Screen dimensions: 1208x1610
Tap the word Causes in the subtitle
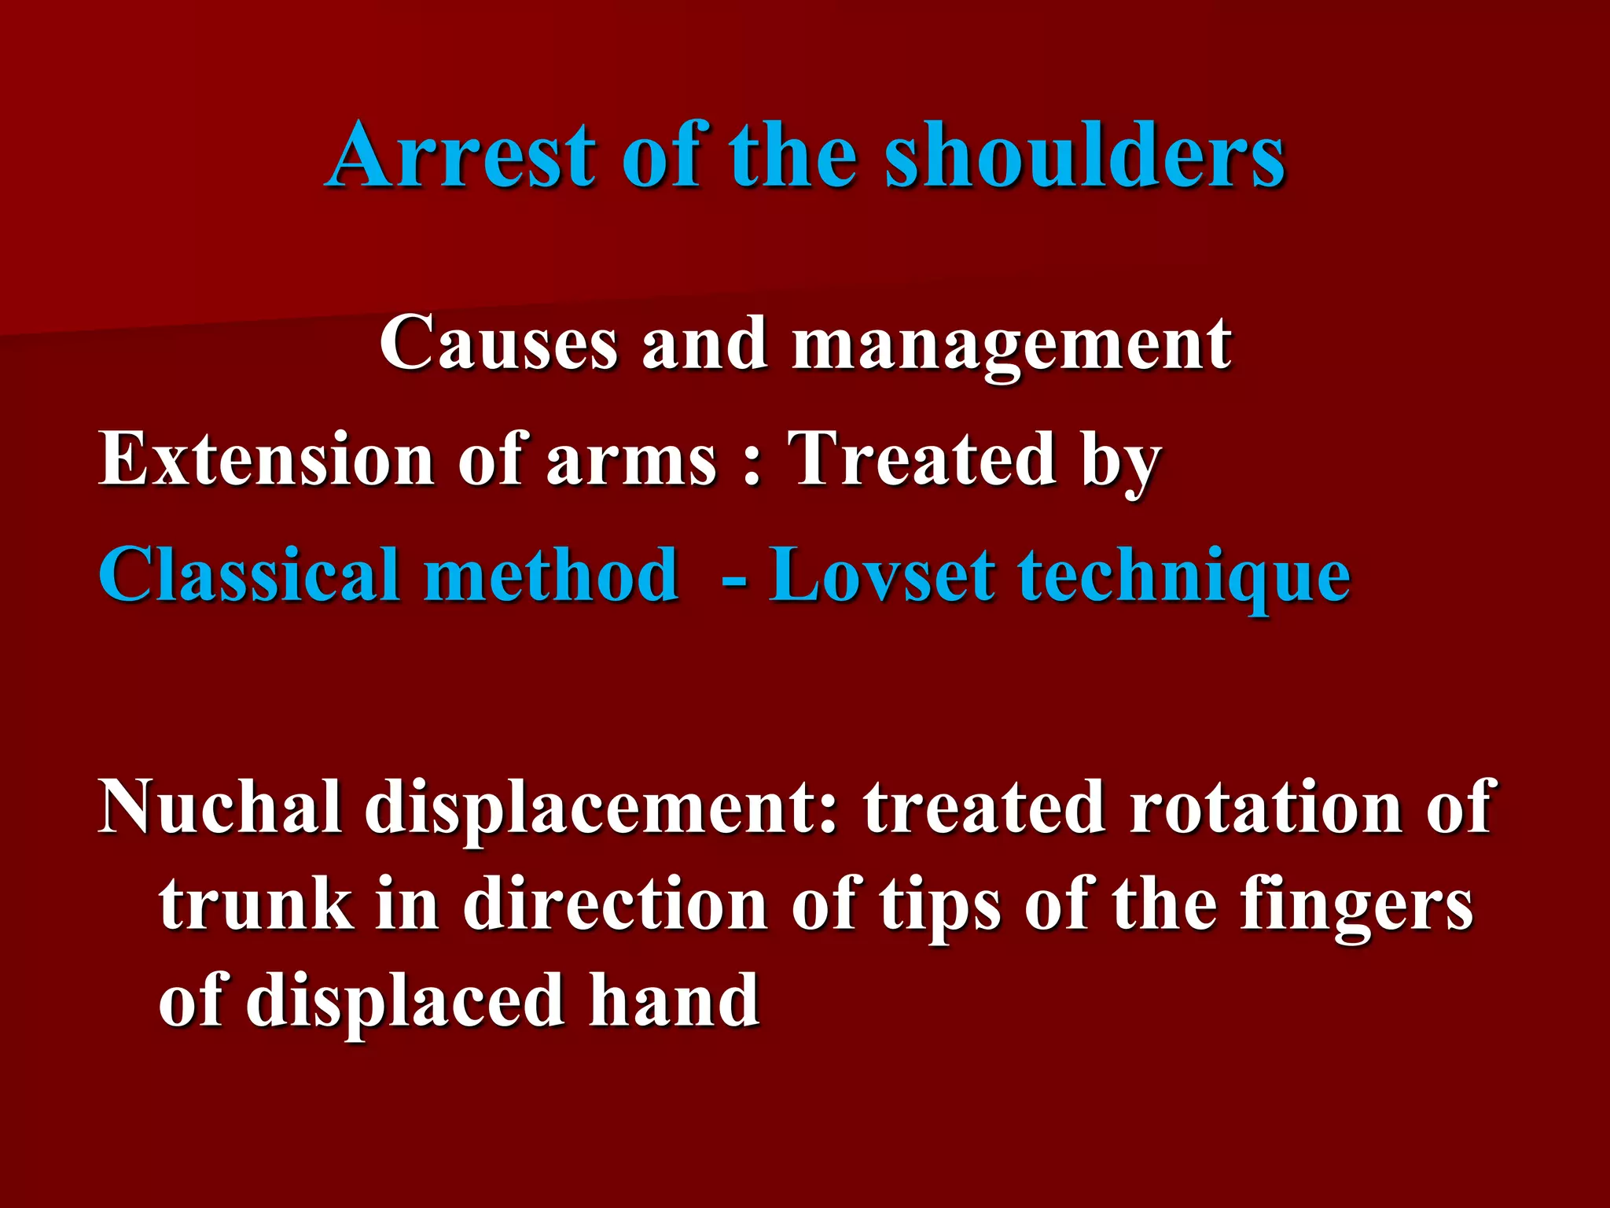click(498, 343)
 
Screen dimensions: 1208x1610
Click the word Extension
click(266, 459)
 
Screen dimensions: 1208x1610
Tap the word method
click(551, 575)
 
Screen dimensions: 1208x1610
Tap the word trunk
click(255, 904)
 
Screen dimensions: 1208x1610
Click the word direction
click(614, 904)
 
